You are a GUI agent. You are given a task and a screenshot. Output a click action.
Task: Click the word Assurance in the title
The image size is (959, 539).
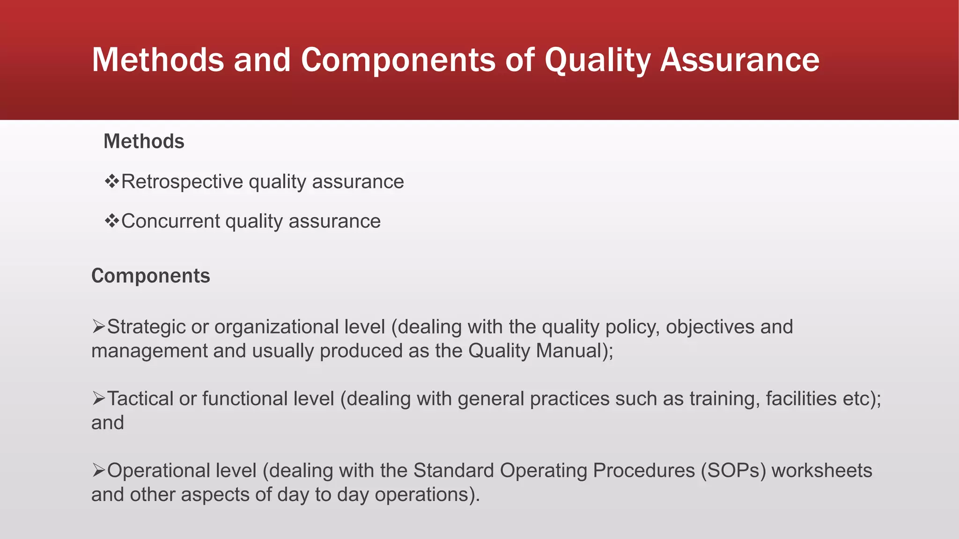[739, 60]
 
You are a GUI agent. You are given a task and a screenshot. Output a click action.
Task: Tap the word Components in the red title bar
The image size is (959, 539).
[398, 60]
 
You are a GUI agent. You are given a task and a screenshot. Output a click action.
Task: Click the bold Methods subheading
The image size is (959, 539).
[144, 141]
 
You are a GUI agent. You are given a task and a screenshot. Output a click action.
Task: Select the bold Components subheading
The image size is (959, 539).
[150, 276]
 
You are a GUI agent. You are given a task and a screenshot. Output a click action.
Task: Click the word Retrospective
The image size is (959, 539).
[182, 182]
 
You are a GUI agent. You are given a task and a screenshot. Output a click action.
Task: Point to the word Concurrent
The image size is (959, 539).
[170, 221]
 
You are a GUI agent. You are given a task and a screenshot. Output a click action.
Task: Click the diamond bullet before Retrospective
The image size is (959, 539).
[112, 181]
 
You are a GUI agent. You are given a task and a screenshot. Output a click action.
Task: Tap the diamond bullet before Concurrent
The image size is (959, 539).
[112, 221]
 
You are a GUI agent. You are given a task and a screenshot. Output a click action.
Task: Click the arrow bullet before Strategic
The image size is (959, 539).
[98, 327]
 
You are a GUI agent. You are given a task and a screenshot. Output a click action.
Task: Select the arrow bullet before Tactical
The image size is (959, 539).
[98, 399]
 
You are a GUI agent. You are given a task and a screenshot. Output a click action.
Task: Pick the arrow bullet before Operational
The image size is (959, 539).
[98, 470]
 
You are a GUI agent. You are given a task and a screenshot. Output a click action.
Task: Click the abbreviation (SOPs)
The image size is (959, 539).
[733, 471]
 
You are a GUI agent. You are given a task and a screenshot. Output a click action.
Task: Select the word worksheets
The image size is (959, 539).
[822, 471]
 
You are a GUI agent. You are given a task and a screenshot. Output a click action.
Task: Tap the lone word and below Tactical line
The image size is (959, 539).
[107, 423]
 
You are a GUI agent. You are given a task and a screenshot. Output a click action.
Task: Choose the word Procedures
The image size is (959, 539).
[644, 471]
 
